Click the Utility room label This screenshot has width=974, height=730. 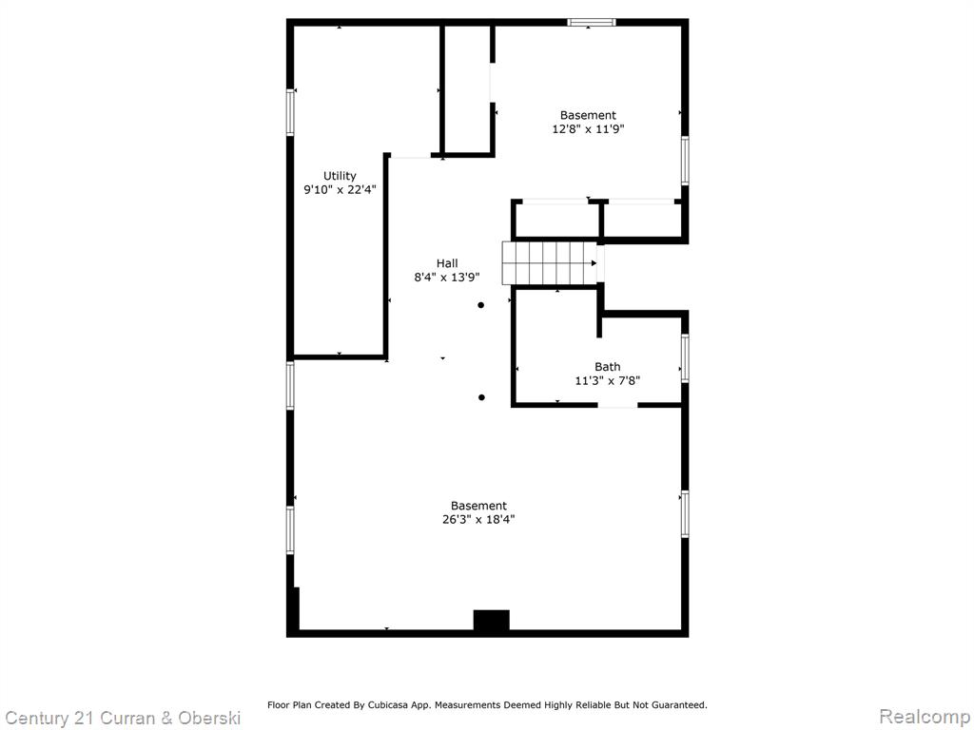point(340,176)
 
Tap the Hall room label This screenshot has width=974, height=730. point(447,263)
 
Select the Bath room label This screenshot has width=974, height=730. point(607,367)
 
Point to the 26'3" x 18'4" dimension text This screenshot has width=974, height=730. point(478,520)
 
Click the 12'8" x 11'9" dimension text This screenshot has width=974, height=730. point(588,129)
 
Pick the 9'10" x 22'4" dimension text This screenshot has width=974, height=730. point(340,190)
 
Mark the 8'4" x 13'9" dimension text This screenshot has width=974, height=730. point(447,278)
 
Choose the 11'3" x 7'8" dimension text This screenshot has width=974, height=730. point(607,380)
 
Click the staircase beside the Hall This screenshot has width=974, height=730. point(549,263)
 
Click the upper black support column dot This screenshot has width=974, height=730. point(480,305)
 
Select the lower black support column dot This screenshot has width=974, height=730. point(481,397)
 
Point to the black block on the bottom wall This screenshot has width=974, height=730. point(492,621)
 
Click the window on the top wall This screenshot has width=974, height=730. point(592,23)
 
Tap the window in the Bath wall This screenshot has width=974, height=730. point(685,358)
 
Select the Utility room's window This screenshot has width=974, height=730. point(290,112)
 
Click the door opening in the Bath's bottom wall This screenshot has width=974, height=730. point(617,405)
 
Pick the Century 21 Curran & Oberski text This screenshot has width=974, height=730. point(122,719)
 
